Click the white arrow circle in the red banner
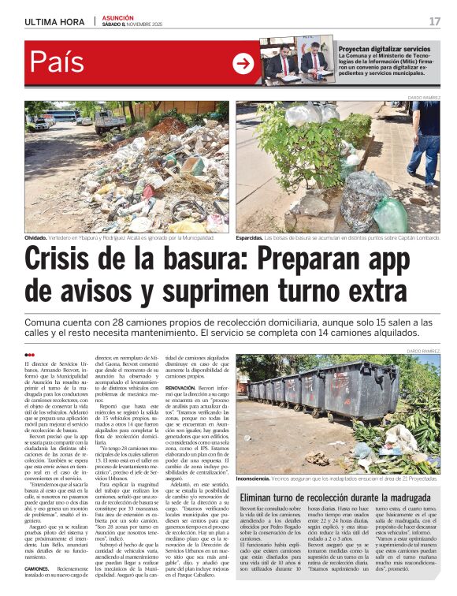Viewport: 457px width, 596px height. coord(243,62)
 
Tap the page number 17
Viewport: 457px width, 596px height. coord(434,20)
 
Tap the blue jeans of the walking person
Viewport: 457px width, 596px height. coord(423,158)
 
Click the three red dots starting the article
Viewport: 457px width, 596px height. coord(31,356)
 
